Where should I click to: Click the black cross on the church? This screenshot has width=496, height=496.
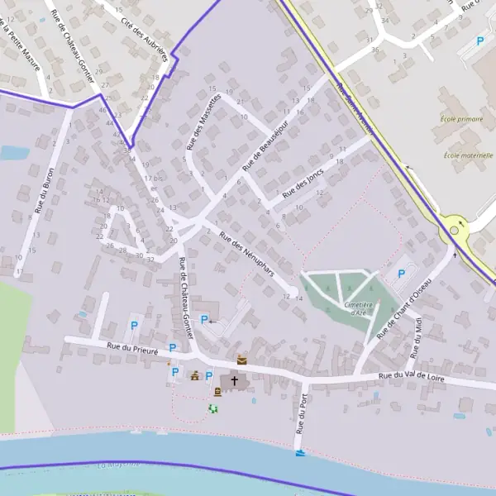235,381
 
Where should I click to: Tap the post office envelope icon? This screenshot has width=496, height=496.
241,360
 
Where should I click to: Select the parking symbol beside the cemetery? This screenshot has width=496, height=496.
403,273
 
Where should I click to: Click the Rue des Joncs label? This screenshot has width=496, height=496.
303,183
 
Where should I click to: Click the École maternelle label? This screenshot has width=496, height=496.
468,155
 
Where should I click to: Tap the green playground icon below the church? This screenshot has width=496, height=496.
213,408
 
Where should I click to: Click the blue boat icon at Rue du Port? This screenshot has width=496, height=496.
299,453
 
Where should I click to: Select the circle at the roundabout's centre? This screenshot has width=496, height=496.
454,231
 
